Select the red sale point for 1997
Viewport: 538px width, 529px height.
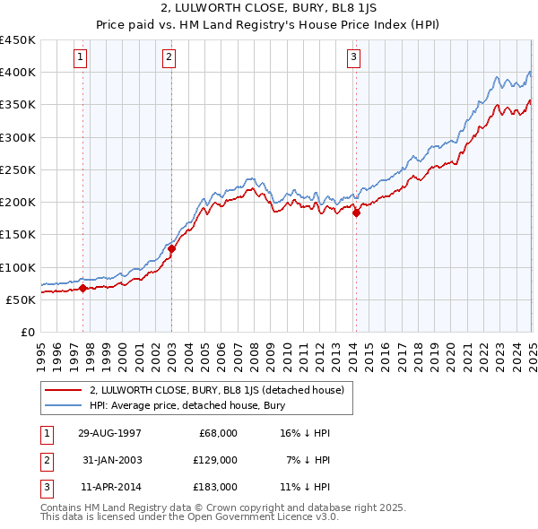[x=83, y=288]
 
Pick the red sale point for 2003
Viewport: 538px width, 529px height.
[x=172, y=248]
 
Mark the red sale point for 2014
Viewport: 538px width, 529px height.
[x=356, y=213]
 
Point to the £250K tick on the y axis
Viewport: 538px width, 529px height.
[x=18, y=169]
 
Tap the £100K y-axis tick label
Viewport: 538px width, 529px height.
[x=18, y=267]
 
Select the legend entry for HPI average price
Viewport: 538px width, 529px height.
[x=187, y=405]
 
